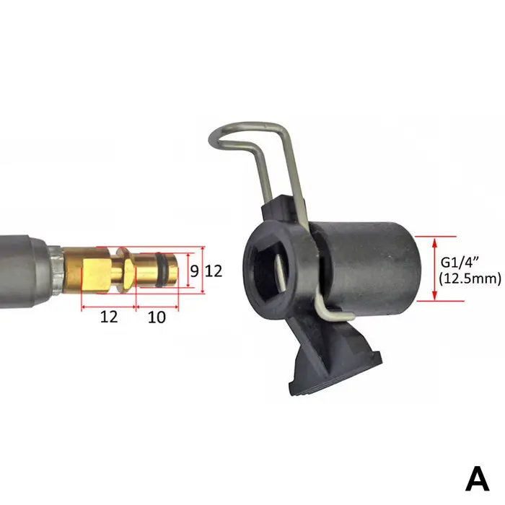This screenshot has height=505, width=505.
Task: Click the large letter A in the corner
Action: (x=477, y=478)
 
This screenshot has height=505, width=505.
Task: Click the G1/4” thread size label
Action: (x=460, y=263)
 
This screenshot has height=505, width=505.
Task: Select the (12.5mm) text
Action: (x=470, y=278)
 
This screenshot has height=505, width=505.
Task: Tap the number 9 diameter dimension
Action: (x=194, y=271)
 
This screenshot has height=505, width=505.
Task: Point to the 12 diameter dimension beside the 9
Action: (x=214, y=271)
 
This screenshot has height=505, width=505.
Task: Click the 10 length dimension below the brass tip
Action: (x=157, y=317)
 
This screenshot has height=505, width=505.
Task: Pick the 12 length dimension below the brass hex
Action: (x=109, y=317)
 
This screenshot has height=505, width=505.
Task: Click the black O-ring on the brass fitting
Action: (x=160, y=270)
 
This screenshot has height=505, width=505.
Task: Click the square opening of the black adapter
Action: (x=268, y=271)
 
